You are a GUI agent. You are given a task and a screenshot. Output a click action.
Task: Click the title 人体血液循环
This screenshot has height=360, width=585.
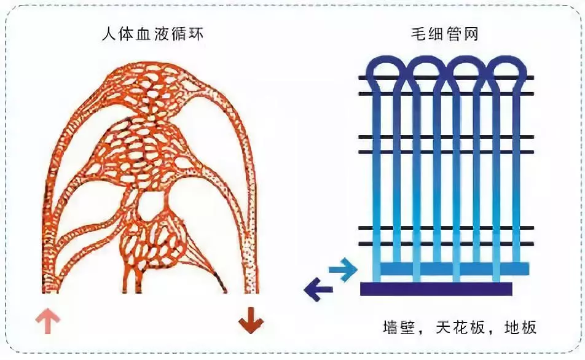[x=153, y=34]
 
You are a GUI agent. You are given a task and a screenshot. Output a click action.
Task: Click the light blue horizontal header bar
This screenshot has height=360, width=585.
[x=455, y=268]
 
